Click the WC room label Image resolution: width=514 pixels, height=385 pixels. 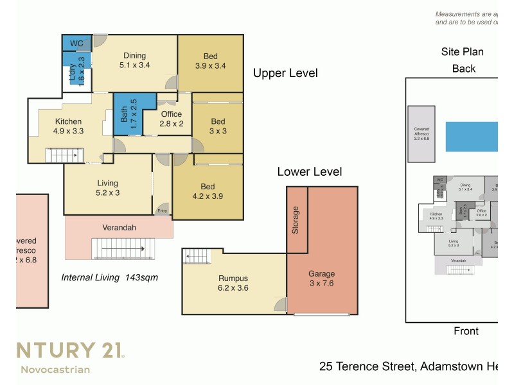click(x=76, y=43)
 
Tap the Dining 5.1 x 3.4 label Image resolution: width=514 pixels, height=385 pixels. click(x=133, y=60)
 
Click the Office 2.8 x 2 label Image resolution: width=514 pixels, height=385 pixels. click(x=172, y=119)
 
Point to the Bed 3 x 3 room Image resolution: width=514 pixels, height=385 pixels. click(x=218, y=126)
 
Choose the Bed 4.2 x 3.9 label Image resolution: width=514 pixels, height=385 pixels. click(x=208, y=192)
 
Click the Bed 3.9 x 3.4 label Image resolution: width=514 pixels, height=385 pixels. click(x=210, y=60)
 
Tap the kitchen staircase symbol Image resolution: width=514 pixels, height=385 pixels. click(x=62, y=155)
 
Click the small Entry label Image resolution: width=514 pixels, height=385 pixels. click(x=162, y=210)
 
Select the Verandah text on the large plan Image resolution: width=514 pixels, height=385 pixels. click(x=119, y=227)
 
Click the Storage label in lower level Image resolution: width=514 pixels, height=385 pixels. click(x=296, y=219)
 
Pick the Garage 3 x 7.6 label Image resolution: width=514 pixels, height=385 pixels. click(x=321, y=278)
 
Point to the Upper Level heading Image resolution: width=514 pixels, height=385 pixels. click(x=285, y=73)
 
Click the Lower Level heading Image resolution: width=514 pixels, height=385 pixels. click(x=309, y=171)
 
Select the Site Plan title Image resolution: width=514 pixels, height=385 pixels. click(x=462, y=52)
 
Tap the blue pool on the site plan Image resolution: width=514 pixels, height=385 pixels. click(x=472, y=136)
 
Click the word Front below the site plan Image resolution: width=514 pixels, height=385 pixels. click(x=466, y=331)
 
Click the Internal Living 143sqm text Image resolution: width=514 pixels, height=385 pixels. click(x=109, y=278)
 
